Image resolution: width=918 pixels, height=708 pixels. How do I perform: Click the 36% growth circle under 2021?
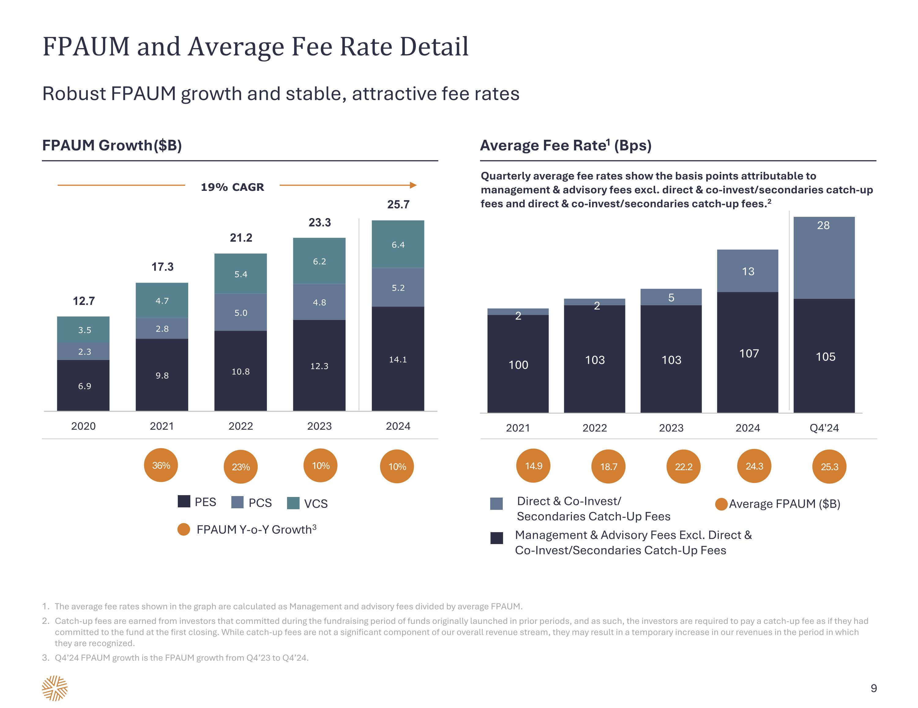click(x=161, y=465)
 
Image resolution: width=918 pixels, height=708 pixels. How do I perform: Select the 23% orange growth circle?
click(x=241, y=466)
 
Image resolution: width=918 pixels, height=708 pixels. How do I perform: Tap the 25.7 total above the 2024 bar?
click(x=398, y=205)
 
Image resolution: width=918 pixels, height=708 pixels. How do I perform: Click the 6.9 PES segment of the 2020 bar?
click(x=84, y=386)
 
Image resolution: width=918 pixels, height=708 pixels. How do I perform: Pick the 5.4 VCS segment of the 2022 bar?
click(x=241, y=274)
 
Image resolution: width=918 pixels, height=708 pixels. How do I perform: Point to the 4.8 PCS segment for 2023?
click(x=319, y=302)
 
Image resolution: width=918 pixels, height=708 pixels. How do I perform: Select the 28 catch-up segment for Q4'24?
click(x=824, y=258)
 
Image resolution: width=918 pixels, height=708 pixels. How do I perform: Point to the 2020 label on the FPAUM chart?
click(x=83, y=426)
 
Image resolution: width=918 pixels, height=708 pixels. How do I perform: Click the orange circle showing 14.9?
click(x=533, y=465)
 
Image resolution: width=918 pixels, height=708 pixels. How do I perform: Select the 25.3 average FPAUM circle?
click(x=829, y=466)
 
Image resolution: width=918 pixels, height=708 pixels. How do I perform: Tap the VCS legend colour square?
click(x=293, y=503)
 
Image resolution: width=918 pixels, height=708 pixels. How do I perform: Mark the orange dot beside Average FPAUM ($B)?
click(x=721, y=504)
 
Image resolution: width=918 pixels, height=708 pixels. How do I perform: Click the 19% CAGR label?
click(x=233, y=187)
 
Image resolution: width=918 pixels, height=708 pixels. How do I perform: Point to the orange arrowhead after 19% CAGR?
click(x=413, y=185)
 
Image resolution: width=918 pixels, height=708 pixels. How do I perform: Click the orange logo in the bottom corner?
click(x=55, y=688)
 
